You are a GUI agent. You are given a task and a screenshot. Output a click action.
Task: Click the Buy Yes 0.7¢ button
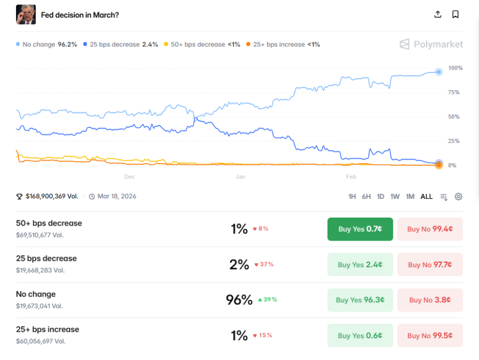(360, 229)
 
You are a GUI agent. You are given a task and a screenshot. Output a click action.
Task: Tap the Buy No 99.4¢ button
(429, 229)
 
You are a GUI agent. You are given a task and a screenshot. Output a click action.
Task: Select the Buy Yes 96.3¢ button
(360, 300)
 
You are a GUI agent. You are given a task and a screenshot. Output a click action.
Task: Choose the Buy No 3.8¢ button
(429, 300)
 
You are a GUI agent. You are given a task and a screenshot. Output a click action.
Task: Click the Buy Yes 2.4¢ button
(360, 265)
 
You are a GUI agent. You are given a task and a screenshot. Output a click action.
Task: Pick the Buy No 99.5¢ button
(429, 335)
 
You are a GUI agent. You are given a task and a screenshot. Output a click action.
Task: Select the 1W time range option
(395, 197)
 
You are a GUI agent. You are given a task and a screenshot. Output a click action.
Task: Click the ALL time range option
(426, 197)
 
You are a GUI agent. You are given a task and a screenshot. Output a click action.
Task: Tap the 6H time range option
(366, 197)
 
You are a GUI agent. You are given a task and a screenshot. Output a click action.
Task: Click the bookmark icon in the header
(455, 14)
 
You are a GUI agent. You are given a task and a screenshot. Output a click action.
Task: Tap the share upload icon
(438, 14)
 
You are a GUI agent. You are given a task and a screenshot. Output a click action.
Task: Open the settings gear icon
(458, 197)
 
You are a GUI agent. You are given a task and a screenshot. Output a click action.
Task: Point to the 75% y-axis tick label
(454, 92)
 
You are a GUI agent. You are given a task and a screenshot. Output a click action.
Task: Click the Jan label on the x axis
(240, 177)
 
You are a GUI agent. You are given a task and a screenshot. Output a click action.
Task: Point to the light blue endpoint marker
(439, 72)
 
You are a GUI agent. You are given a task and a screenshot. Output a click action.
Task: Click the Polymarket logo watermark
(431, 44)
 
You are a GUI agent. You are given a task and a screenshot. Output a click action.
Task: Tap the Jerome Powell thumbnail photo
(26, 14)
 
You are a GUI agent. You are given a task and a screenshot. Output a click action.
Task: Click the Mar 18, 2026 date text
(117, 196)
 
